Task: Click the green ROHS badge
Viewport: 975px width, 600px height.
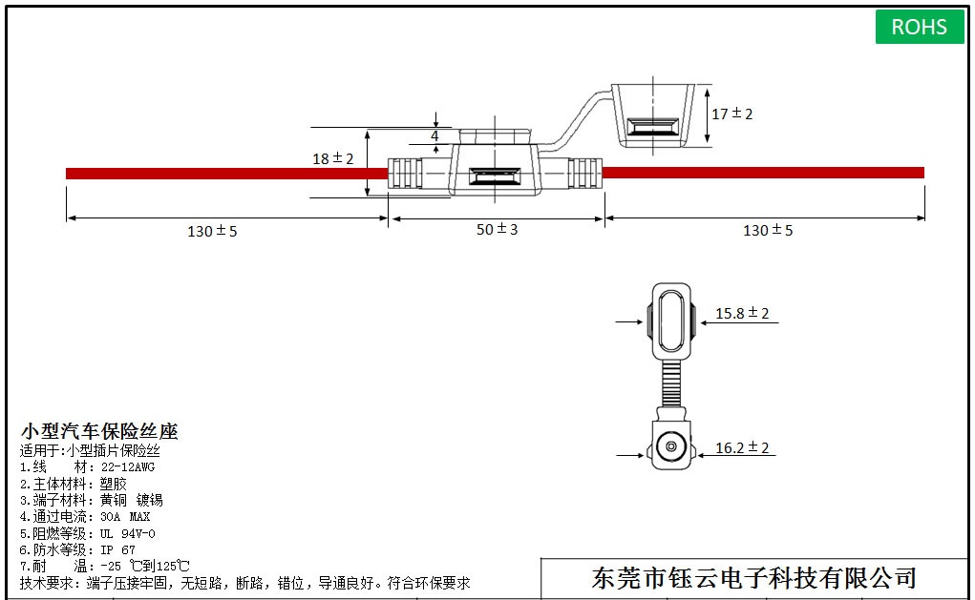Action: [919, 27]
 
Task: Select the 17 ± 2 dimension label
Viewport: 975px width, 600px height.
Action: [732, 114]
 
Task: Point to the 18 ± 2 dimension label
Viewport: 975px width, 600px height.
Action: [332, 158]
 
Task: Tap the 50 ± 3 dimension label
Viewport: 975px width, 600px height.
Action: [496, 231]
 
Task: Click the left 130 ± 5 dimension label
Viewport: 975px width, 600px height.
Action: [212, 231]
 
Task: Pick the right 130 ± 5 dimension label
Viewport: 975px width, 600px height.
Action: [768, 230]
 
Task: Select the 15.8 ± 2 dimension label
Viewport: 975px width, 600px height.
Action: [742, 313]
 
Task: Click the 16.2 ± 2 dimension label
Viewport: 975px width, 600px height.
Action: [742, 447]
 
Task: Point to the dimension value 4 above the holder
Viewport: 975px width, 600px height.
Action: [435, 136]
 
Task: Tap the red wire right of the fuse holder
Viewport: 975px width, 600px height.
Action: [764, 173]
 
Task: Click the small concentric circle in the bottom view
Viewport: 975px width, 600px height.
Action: [671, 446]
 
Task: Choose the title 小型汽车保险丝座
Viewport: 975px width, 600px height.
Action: [100, 432]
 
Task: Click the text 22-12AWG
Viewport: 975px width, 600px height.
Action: [127, 467]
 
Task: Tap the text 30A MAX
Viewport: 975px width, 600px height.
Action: [125, 517]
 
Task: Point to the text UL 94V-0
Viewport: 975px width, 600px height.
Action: [127, 533]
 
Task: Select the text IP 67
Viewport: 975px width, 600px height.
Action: [117, 550]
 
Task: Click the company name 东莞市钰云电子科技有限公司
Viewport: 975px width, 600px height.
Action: [754, 578]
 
